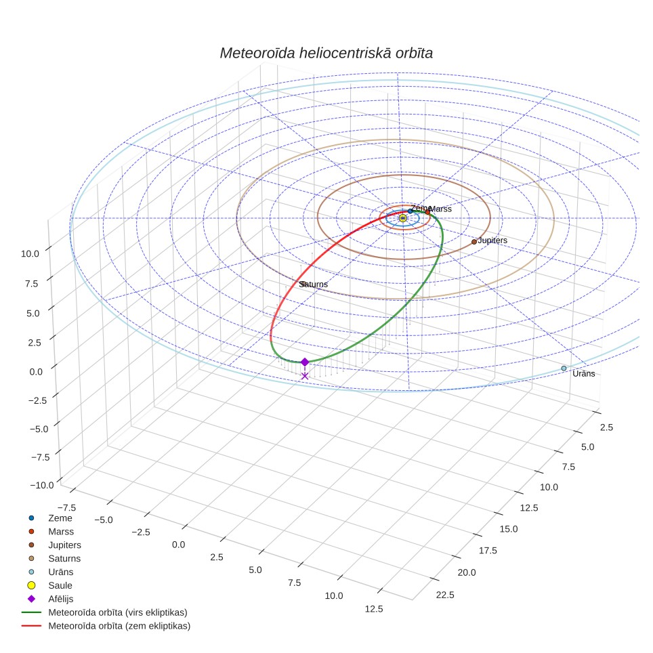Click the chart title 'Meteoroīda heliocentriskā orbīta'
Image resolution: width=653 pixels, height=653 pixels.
326,53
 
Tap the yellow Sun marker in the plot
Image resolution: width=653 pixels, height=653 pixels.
403,218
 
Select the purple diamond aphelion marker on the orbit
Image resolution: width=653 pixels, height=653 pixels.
305,362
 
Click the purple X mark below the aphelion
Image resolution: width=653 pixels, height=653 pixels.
305,376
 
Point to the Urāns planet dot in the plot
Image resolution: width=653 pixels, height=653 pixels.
564,368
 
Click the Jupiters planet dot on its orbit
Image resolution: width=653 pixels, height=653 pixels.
474,242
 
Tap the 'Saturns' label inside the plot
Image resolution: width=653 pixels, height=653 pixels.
313,284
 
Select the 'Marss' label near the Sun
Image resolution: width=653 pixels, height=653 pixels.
440,209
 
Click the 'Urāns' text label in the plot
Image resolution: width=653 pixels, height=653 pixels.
583,373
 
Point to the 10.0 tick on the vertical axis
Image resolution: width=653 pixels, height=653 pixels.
30,253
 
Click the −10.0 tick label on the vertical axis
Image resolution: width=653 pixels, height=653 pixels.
42,485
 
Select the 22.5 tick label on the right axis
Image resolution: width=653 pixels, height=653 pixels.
445,595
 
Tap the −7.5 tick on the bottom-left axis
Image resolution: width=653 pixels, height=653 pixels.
66,507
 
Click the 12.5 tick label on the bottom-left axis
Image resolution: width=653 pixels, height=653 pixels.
374,609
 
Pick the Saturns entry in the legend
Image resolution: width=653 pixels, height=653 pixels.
64,558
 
